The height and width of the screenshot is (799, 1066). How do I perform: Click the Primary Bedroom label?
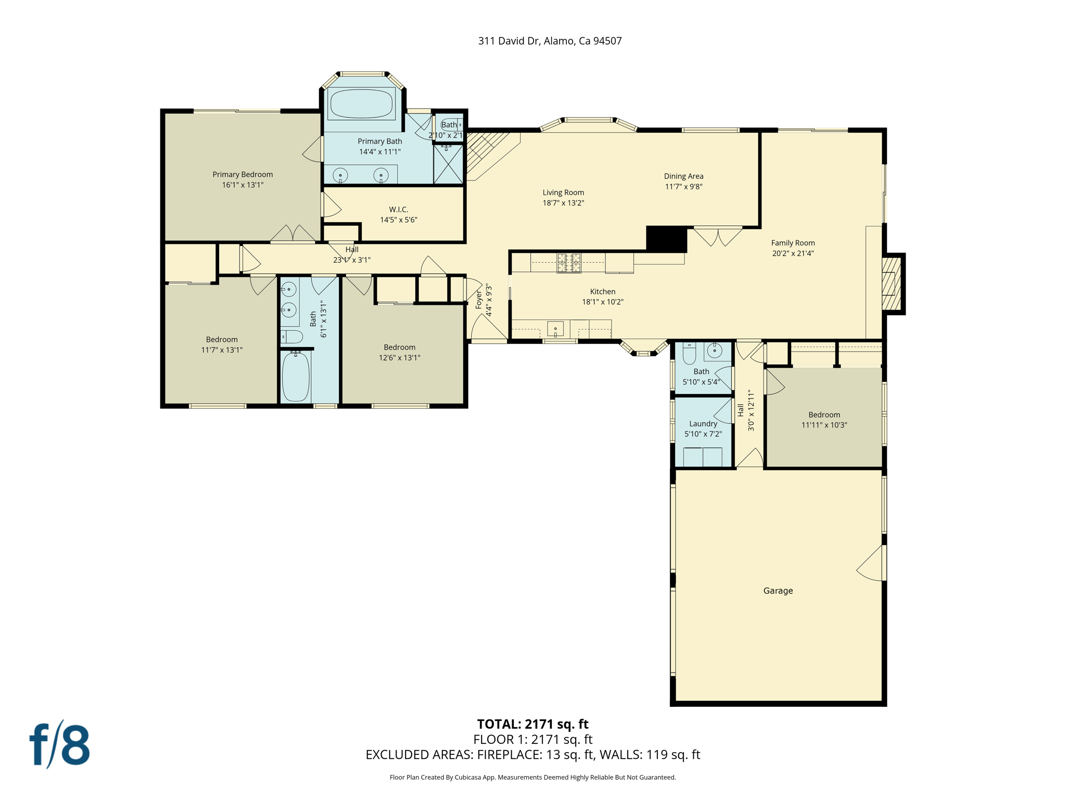243,174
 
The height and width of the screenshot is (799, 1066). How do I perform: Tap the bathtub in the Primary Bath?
361,104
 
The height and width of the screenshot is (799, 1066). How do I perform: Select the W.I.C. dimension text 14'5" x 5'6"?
398,220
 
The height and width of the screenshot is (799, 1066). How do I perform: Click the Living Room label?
563,192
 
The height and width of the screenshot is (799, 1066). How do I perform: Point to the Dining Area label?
683,176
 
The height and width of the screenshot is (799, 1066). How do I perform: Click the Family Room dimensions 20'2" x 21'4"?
793,253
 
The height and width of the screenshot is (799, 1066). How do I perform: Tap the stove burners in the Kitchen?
569,263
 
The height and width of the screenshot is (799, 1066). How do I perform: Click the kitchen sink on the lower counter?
555,329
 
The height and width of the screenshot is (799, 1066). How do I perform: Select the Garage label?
778,590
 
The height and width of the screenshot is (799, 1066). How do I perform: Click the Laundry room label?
703,423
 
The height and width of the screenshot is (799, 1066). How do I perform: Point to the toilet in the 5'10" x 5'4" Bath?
689,354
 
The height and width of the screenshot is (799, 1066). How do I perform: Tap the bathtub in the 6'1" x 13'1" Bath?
296,377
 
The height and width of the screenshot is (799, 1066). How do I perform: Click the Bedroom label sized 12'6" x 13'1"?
399,347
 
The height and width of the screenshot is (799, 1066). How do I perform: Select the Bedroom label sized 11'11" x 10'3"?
824,415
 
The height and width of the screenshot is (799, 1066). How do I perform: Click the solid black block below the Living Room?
666,239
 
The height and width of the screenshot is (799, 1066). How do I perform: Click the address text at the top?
550,41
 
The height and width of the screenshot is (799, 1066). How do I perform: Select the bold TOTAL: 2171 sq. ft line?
532,724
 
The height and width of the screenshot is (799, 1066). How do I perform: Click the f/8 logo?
59,744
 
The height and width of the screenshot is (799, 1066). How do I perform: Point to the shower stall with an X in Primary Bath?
448,164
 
